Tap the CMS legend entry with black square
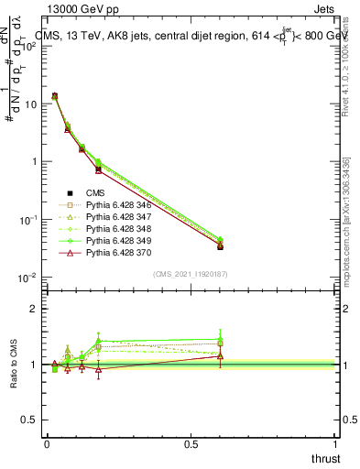pyautogui.click(x=96, y=192)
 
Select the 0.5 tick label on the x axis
pyautogui.click(x=191, y=443)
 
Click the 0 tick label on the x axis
pyautogui.click(x=47, y=443)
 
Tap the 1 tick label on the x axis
pyautogui.click(x=336, y=443)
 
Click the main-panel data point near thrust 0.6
pyautogui.click(x=220, y=246)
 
